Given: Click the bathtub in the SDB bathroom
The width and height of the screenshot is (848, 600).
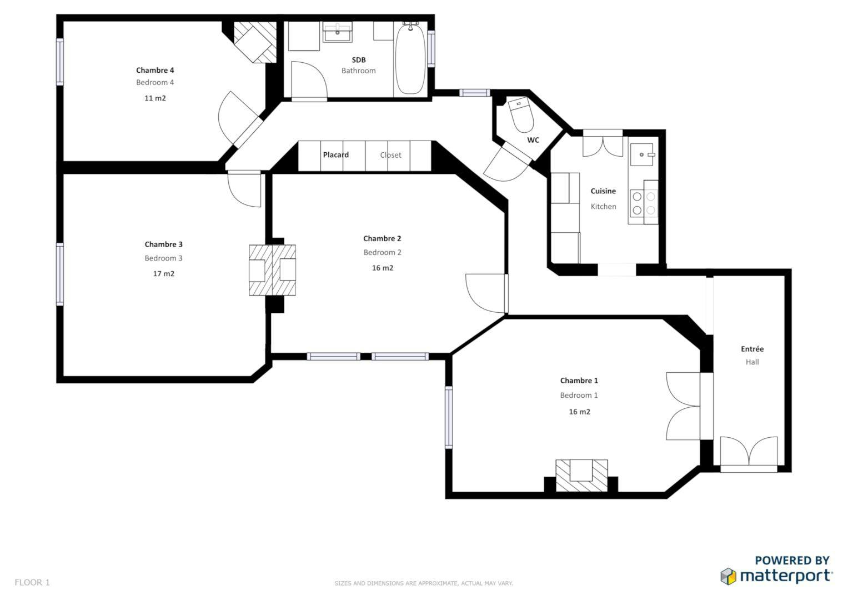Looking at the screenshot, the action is point(410,59).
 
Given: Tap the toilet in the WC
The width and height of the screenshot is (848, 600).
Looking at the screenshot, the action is point(521,115).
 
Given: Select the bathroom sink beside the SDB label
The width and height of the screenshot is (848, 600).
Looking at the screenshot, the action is point(337,32).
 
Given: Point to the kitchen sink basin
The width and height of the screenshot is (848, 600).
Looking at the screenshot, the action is point(641,154).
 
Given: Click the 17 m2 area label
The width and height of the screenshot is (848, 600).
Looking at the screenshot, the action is point(163,274).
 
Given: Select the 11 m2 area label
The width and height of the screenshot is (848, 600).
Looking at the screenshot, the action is point(155,98).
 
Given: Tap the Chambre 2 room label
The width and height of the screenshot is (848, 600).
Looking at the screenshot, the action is point(382,239).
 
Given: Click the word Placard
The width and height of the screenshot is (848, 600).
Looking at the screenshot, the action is point(336,155).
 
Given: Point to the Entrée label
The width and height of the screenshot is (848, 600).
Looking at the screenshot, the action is point(752,349).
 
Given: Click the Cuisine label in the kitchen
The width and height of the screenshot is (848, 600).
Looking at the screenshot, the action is point(603,191).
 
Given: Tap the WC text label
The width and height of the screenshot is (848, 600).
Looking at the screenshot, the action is point(533,140).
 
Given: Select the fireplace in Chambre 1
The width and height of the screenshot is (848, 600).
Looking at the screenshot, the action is point(581,476).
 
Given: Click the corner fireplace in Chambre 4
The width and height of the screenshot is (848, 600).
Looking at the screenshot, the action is point(255,42).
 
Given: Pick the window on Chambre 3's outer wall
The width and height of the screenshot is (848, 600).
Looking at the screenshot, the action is point(60,274).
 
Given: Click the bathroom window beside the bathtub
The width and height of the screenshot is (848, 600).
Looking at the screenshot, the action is point(431,49).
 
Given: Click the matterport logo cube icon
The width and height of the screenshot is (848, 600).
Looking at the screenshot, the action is point(728,576).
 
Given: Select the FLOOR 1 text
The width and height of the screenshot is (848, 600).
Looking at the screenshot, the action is point(32,583).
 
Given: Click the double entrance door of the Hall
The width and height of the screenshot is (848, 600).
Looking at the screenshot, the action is point(749,454).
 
